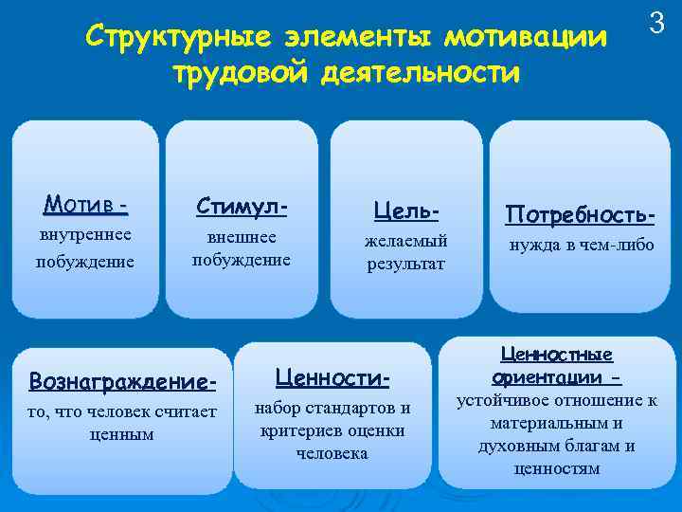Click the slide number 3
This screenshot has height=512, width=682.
[658, 22]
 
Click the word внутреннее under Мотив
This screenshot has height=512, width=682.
[84, 233]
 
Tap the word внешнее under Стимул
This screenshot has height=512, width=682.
[242, 236]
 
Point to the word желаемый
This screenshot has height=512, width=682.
[406, 240]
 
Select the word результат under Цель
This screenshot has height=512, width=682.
[406, 263]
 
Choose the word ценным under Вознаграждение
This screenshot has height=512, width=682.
[123, 433]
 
